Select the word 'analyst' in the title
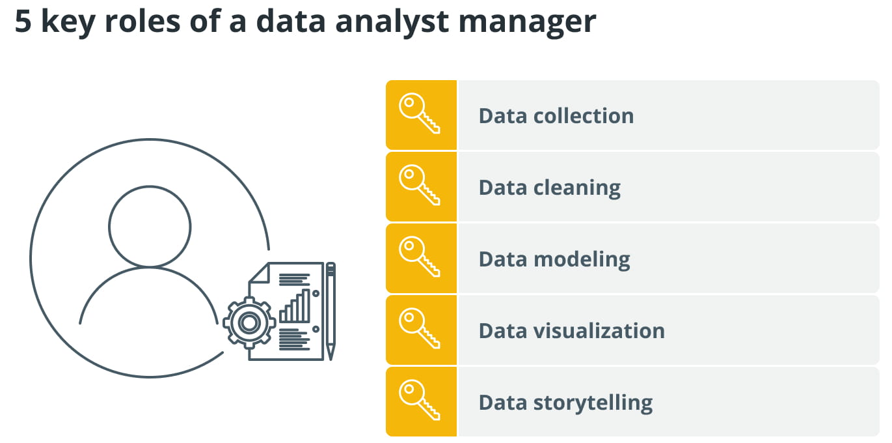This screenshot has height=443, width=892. coord(392,23)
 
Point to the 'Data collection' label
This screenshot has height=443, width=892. coord(556,116)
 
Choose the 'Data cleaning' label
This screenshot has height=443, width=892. coord(550,188)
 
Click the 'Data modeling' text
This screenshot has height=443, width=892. coord(554,259)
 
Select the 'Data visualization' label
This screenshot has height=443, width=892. coord(572,331)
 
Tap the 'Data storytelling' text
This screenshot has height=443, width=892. coord(565,403)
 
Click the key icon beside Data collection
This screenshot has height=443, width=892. coord(419,113)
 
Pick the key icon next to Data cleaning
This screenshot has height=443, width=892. coord(419,185)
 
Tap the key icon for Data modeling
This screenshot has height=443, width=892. coord(419,257)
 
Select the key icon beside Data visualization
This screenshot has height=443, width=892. coord(419,328)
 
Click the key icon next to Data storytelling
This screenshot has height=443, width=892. coord(419,400)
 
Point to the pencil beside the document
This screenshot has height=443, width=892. coord(331,311)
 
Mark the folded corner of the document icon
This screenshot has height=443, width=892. coord(260,273)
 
